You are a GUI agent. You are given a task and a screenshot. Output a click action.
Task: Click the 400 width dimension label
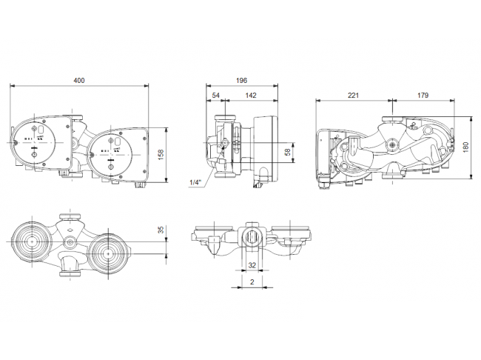point(79,81)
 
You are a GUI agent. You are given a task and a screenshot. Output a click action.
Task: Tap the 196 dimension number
point(241,81)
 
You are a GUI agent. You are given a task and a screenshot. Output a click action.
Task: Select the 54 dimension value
point(215,96)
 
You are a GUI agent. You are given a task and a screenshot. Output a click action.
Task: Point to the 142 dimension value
point(251,96)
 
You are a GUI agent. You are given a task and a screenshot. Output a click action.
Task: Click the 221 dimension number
point(353,96)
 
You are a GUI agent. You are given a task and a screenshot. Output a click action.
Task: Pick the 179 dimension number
point(423,96)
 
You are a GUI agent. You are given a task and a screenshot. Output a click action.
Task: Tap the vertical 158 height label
point(161,155)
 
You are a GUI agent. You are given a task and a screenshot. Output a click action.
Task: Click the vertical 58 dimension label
point(288,152)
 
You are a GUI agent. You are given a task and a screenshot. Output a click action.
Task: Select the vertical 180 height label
point(465,147)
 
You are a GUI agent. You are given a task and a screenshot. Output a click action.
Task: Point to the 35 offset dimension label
point(161,230)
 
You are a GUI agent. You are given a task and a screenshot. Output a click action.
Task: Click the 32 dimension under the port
point(252,265)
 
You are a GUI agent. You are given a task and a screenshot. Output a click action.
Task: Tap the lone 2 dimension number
point(252,281)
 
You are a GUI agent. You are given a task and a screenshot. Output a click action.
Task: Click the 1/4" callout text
point(195,182)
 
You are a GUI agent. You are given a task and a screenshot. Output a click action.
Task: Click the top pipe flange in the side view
point(225,119)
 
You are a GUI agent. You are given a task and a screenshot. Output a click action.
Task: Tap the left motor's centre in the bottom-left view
point(31,241)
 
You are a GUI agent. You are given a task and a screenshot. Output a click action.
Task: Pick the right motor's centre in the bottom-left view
point(108,254)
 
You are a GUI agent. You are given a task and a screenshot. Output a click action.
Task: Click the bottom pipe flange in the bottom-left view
point(70,273)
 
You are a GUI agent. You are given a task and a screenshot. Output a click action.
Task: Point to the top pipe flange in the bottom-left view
point(70,216)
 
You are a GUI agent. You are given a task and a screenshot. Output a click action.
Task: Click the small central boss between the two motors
point(70,243)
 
